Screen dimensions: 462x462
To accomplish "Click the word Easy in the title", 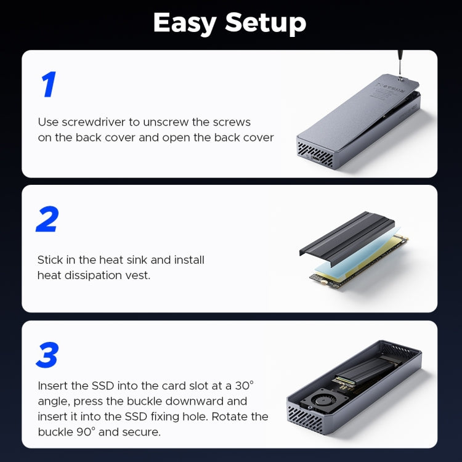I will pos(185,23).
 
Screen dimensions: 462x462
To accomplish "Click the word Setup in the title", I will pos(265,24).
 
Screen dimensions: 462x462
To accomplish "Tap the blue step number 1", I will pos(49,85).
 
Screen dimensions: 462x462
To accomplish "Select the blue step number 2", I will pos(47,220).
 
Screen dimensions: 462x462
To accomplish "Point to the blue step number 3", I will pos(47,355).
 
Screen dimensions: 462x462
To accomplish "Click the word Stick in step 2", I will pos(50,260).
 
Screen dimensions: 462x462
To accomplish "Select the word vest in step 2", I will pos(137,275).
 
